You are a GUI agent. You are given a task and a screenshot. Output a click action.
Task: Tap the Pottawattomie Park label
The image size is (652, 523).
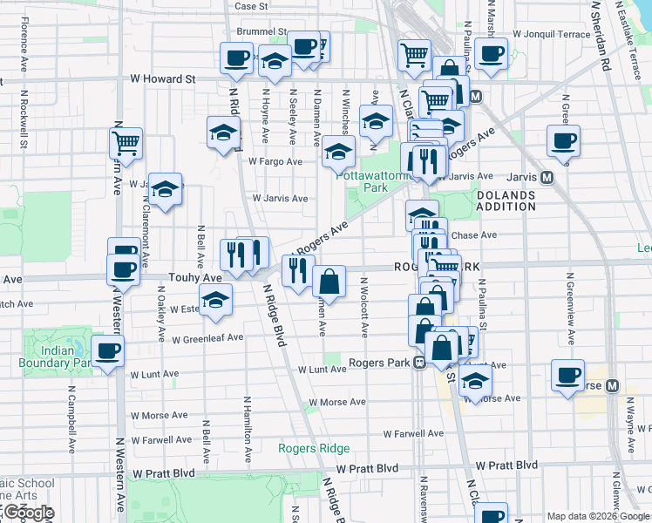click(374, 181)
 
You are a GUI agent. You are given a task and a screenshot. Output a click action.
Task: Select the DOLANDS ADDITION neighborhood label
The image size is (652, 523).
click(506, 200)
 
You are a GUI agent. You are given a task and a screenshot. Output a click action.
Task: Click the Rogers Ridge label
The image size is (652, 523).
click(314, 449)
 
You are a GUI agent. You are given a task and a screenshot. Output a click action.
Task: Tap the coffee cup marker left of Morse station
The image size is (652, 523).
click(567, 376)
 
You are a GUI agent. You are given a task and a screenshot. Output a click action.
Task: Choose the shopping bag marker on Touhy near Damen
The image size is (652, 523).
click(329, 282)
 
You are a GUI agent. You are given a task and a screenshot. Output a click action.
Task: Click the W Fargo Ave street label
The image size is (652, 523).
click(275, 161)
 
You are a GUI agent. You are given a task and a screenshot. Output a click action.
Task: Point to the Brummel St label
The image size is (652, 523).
click(261, 31)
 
